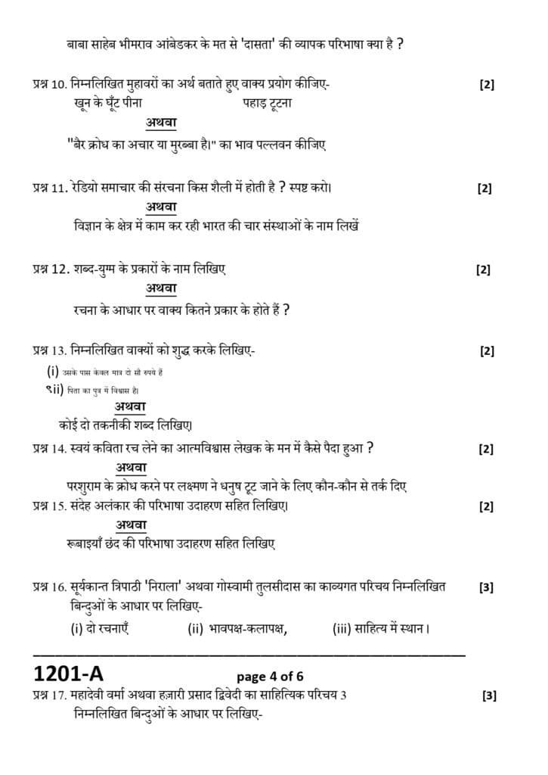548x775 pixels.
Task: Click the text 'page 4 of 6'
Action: click(271, 676)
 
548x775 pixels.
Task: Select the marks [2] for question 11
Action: click(485, 189)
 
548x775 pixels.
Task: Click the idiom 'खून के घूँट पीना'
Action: click(104, 102)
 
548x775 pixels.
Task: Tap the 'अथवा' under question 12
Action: click(162, 288)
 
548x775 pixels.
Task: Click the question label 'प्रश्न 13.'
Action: click(49, 350)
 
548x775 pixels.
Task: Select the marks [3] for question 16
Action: click(488, 587)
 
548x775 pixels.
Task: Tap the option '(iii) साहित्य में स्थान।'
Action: click(381, 627)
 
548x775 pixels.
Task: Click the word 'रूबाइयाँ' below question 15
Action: click(84, 543)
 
